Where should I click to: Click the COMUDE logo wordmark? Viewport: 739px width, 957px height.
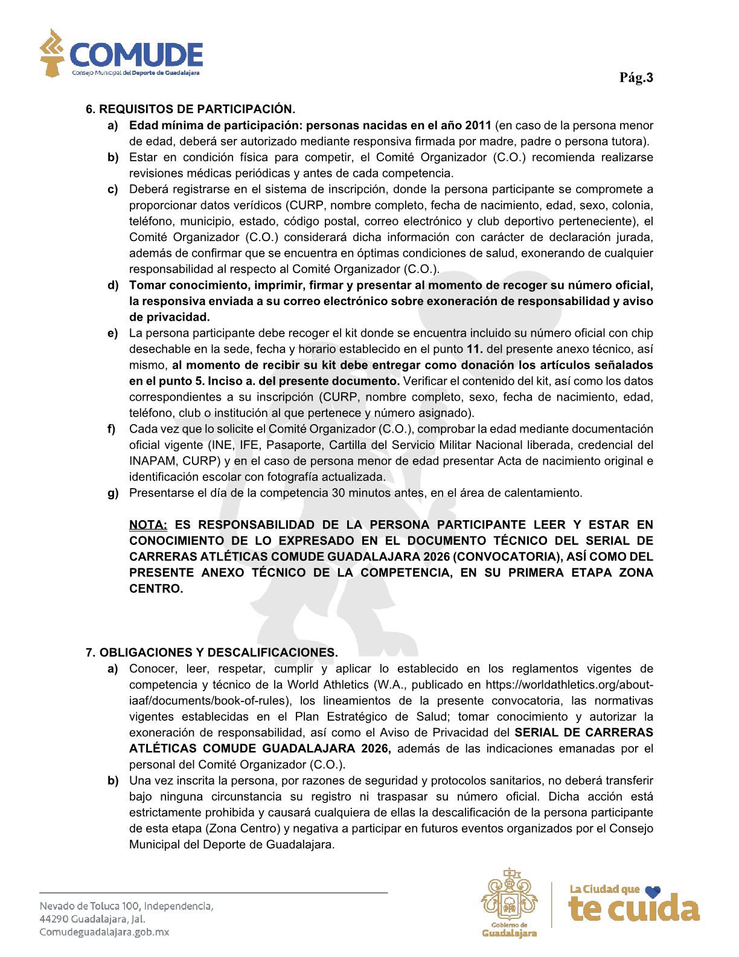[136, 55]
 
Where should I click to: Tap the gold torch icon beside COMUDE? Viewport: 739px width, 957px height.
[52, 53]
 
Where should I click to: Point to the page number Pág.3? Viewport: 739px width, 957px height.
[636, 77]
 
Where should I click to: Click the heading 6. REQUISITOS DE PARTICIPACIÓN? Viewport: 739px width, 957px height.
[190, 109]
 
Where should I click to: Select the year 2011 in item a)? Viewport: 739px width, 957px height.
[478, 126]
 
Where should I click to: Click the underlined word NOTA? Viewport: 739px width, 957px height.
[148, 525]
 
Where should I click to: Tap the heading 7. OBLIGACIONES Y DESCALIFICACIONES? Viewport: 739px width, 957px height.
[211, 652]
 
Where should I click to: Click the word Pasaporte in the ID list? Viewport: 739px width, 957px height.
[293, 445]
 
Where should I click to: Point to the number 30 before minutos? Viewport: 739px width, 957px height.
[339, 493]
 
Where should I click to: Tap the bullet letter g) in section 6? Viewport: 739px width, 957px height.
[113, 494]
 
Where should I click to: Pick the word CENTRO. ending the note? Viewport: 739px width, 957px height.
[156, 589]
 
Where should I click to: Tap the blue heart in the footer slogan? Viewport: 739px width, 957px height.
[653, 891]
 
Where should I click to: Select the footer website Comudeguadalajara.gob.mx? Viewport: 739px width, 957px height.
[104, 932]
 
